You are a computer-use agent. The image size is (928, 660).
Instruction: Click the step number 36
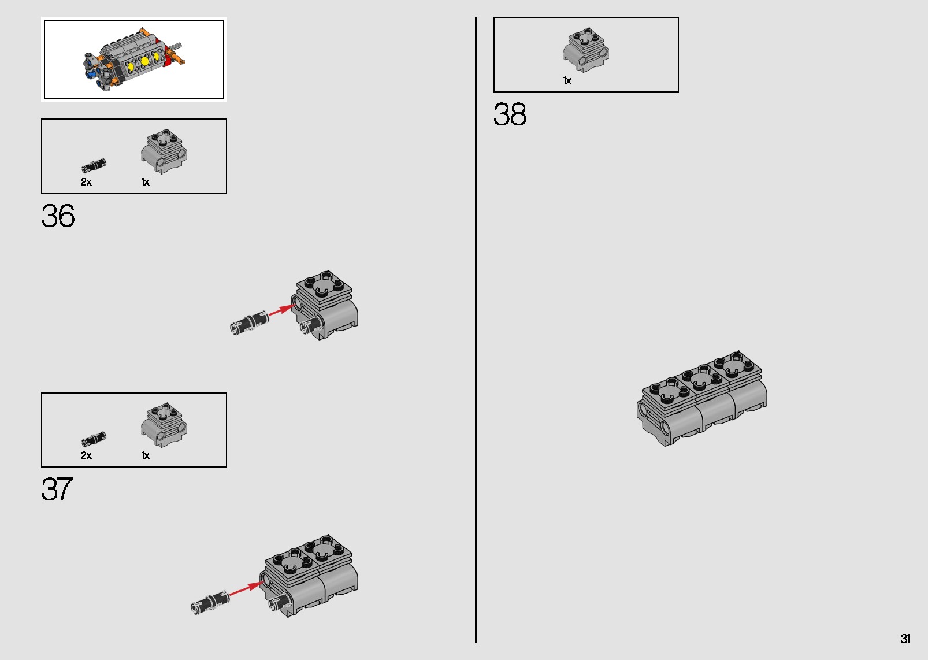(x=58, y=216)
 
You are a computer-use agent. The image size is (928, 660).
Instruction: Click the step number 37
(x=57, y=490)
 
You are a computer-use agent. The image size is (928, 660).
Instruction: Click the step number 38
(x=510, y=114)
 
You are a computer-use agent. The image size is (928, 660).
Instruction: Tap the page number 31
(x=905, y=639)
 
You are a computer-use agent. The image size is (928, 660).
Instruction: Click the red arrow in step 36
(x=282, y=310)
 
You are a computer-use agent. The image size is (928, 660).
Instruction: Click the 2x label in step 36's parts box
(x=86, y=182)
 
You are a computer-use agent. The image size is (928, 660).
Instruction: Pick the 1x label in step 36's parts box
(x=145, y=182)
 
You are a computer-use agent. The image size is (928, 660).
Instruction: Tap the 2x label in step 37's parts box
(x=86, y=455)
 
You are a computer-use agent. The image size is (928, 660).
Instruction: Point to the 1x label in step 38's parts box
(x=567, y=80)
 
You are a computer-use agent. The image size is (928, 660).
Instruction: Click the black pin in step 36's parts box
(x=94, y=165)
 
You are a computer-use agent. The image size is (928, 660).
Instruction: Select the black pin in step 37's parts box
(x=94, y=439)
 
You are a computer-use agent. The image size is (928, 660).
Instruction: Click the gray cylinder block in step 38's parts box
(x=586, y=50)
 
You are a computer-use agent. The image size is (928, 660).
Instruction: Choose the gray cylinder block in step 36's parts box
(x=164, y=151)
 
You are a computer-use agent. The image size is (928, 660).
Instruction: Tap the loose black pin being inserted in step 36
(x=248, y=322)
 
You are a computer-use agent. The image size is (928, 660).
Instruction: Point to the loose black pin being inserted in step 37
(x=210, y=602)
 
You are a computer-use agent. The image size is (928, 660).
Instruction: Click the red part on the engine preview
(x=169, y=57)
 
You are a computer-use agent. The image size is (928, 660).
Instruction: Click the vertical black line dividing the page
(x=476, y=330)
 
